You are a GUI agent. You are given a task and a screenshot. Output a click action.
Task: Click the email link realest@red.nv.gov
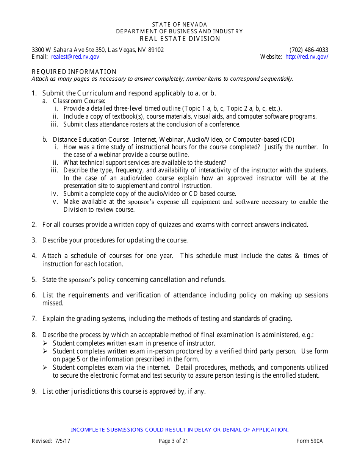point(75,57)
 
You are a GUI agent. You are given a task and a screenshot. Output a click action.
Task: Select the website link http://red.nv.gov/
point(307,57)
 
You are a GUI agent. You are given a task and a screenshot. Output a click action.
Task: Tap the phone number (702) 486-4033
point(309,50)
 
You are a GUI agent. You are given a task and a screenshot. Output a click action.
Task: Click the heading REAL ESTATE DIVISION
point(180,39)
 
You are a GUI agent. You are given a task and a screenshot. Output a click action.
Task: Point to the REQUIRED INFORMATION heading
point(74,72)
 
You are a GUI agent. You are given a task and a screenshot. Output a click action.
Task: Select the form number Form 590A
point(309,441)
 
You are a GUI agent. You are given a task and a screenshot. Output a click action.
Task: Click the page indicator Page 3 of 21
point(173,441)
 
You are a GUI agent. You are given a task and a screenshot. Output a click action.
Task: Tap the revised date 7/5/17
point(62,441)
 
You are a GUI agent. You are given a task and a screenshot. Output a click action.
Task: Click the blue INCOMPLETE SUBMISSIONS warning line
point(180,430)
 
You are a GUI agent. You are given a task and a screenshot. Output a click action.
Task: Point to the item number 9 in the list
point(34,391)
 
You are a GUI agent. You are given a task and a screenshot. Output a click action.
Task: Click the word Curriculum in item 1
point(95,93)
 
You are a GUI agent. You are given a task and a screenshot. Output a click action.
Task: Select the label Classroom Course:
point(79,101)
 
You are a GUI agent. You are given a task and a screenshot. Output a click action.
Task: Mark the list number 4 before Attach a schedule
point(34,256)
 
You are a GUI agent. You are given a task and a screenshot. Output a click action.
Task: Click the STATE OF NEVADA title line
point(180,25)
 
